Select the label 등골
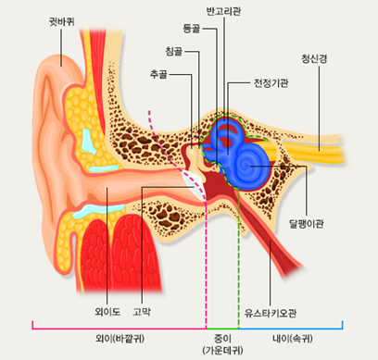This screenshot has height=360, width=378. [193, 30]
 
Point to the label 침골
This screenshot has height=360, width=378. [174, 51]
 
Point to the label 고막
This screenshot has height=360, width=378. [143, 311]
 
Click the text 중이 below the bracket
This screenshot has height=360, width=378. [221, 337]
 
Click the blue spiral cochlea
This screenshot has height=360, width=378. [249, 168]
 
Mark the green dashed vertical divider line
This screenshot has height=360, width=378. [238, 268]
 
